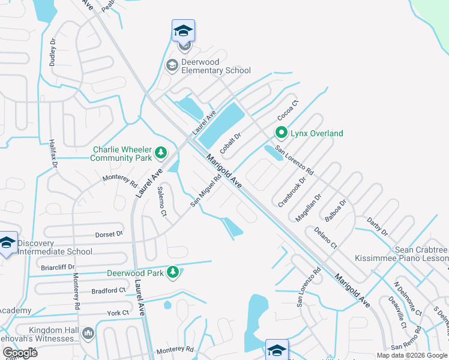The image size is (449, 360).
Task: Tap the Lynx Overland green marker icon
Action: coord(280,133)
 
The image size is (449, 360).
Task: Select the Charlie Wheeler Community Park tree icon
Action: coord(160,154)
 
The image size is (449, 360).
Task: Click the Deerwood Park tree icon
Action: coord(173,273)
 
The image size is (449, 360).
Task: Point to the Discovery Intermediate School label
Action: coord(55,247)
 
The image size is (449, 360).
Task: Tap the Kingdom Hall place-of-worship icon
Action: coord(88,332)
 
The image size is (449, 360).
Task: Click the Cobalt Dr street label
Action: coord(230,143)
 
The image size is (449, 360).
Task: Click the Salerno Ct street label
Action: coord(161,202)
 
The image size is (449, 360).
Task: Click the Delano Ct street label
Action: coord(326,237)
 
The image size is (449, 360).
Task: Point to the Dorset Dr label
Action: coord(108,234)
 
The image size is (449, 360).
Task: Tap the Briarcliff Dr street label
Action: coord(58,266)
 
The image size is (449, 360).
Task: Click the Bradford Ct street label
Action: coord(109,290)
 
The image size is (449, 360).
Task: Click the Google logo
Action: coord(20,352)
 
